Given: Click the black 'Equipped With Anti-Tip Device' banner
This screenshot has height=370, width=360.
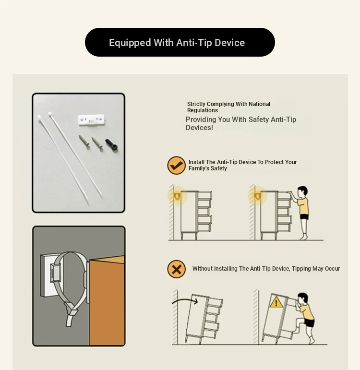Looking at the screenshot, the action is [x=180, y=42].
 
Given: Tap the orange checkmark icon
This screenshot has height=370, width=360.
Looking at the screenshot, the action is [x=176, y=166].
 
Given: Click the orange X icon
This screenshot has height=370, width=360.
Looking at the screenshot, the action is [x=176, y=269].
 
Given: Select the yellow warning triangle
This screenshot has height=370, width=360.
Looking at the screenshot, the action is [x=276, y=303].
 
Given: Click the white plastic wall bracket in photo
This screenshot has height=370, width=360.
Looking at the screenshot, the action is [x=91, y=119].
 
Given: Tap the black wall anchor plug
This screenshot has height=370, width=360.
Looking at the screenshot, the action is [x=111, y=144].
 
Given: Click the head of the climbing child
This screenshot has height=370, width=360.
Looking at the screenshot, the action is [x=302, y=298].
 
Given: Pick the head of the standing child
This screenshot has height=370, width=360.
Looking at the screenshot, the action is [x=302, y=192].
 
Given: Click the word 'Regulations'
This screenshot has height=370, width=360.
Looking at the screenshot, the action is [x=202, y=110].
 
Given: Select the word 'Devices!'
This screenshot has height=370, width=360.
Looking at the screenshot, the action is [x=199, y=128].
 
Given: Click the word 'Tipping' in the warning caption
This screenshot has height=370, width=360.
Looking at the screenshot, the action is [x=301, y=269].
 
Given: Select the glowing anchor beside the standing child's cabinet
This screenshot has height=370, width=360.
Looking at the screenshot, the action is [x=257, y=196].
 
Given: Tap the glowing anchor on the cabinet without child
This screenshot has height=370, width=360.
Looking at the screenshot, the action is [x=177, y=196].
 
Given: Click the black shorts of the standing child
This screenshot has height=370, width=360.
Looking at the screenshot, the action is [x=304, y=217].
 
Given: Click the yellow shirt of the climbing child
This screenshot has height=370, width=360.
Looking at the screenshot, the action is [x=307, y=311].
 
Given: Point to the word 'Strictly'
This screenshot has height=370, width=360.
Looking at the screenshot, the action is [x=196, y=104].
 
